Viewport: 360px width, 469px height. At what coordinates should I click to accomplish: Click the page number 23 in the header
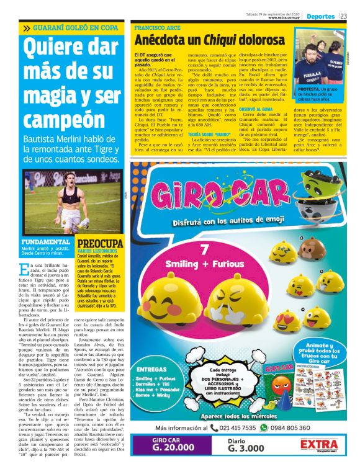(343, 16)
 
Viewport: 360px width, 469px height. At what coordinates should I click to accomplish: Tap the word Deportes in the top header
(320, 16)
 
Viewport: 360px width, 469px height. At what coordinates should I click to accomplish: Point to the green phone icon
(214, 427)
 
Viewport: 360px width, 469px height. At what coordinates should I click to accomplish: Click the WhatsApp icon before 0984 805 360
(274, 427)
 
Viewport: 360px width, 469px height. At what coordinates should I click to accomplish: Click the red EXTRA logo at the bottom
(318, 445)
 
